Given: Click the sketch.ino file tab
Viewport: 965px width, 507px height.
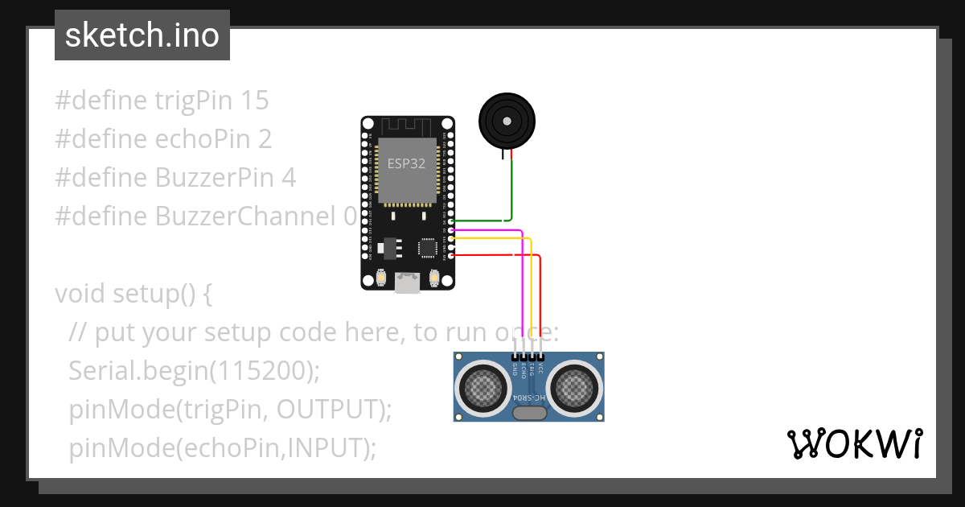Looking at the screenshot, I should pos(142,35).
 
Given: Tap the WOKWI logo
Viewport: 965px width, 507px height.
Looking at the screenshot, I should pos(854,444).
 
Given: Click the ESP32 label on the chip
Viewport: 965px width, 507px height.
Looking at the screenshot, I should pos(406,163).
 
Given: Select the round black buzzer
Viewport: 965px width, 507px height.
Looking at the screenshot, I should pos(507,122).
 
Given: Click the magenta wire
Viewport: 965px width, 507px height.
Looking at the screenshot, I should pos(523,282).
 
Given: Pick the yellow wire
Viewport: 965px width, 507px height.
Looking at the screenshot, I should pos(532,290).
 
